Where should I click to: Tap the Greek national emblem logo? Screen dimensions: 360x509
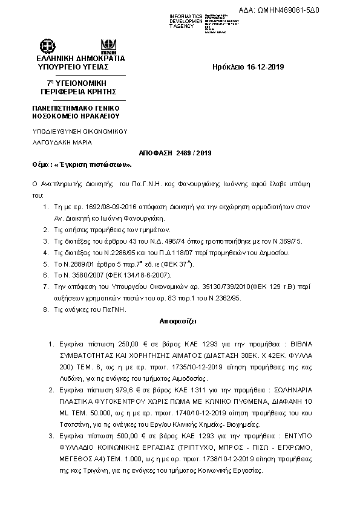48,46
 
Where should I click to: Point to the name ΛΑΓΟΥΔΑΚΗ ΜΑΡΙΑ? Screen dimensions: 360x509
62,143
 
